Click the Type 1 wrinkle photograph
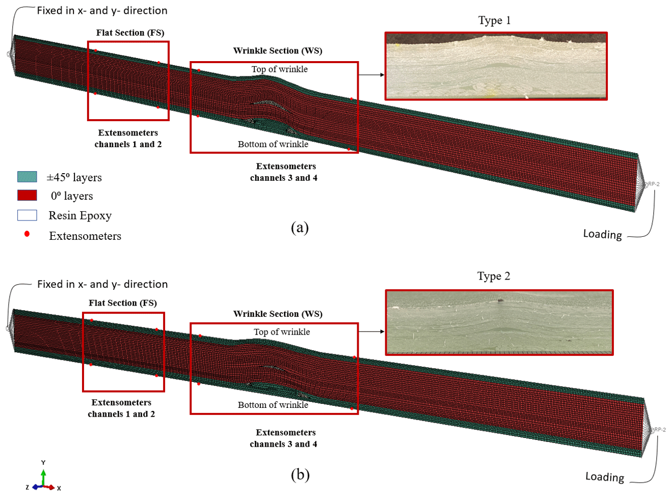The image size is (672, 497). pyautogui.click(x=496, y=66)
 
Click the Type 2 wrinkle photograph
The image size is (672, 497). pyautogui.click(x=499, y=322)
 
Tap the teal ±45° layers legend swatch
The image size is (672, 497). pyautogui.click(x=27, y=177)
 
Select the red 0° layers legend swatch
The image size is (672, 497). pyautogui.click(x=27, y=196)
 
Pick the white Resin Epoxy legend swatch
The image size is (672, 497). pyautogui.click(x=27, y=215)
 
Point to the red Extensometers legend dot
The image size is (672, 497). pyautogui.click(x=27, y=234)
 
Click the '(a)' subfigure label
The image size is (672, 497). pyautogui.click(x=300, y=227)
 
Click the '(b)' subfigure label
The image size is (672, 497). pyautogui.click(x=300, y=475)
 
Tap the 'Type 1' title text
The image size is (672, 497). pyautogui.click(x=494, y=20)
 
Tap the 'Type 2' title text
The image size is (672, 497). pyautogui.click(x=493, y=276)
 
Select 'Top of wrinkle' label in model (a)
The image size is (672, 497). pyautogui.click(x=279, y=69)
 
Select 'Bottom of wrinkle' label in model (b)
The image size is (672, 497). pyautogui.click(x=273, y=405)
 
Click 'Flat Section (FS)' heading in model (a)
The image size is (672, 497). pyautogui.click(x=130, y=33)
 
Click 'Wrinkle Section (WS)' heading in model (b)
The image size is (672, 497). pyautogui.click(x=278, y=314)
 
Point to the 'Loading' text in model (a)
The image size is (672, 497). pyautogui.click(x=602, y=234)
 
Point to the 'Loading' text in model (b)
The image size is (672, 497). pyautogui.click(x=604, y=477)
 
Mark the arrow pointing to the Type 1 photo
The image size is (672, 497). pyautogui.click(x=371, y=75)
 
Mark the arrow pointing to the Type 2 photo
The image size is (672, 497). pyautogui.click(x=371, y=332)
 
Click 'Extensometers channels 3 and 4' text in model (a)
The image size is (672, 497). pyautogui.click(x=285, y=172)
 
